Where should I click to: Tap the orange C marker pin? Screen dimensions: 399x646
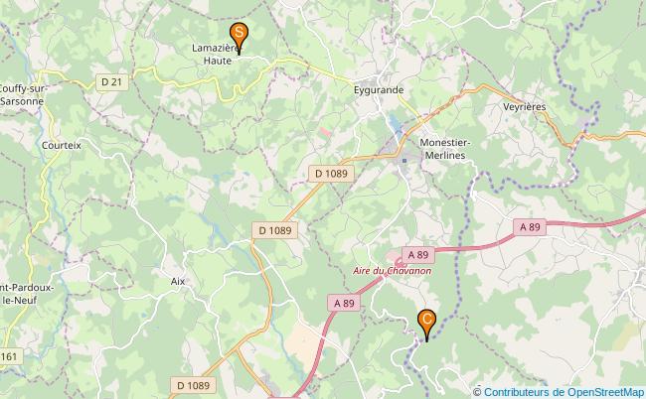pos(427,322)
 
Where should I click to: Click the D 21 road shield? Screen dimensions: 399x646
pos(111,81)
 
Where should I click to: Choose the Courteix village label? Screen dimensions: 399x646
pos(62,144)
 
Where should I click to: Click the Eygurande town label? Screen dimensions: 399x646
pos(380,89)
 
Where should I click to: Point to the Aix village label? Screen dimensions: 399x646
pos(178,281)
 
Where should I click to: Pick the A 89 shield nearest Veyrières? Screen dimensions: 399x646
pos(530,226)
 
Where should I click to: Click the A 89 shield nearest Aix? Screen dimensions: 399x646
pos(344,303)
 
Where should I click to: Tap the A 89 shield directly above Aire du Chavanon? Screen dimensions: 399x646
pos(414,255)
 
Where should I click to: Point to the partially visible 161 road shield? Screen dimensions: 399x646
pos(8,356)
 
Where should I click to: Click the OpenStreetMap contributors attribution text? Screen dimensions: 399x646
pos(563,391)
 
